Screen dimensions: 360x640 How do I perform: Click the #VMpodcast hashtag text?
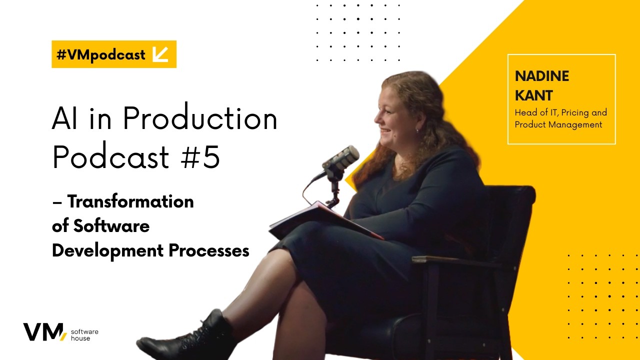click(101, 54)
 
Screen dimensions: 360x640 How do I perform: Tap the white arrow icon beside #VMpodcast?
click(160, 54)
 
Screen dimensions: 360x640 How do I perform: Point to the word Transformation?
click(130, 201)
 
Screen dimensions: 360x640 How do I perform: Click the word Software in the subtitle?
click(111, 225)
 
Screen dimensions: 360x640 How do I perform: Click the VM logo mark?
click(44, 331)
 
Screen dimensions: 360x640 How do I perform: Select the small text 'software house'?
click(84, 335)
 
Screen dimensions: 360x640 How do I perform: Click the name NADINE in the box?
click(542, 76)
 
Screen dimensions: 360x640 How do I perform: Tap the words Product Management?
click(558, 124)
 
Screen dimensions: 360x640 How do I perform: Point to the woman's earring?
click(417, 131)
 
